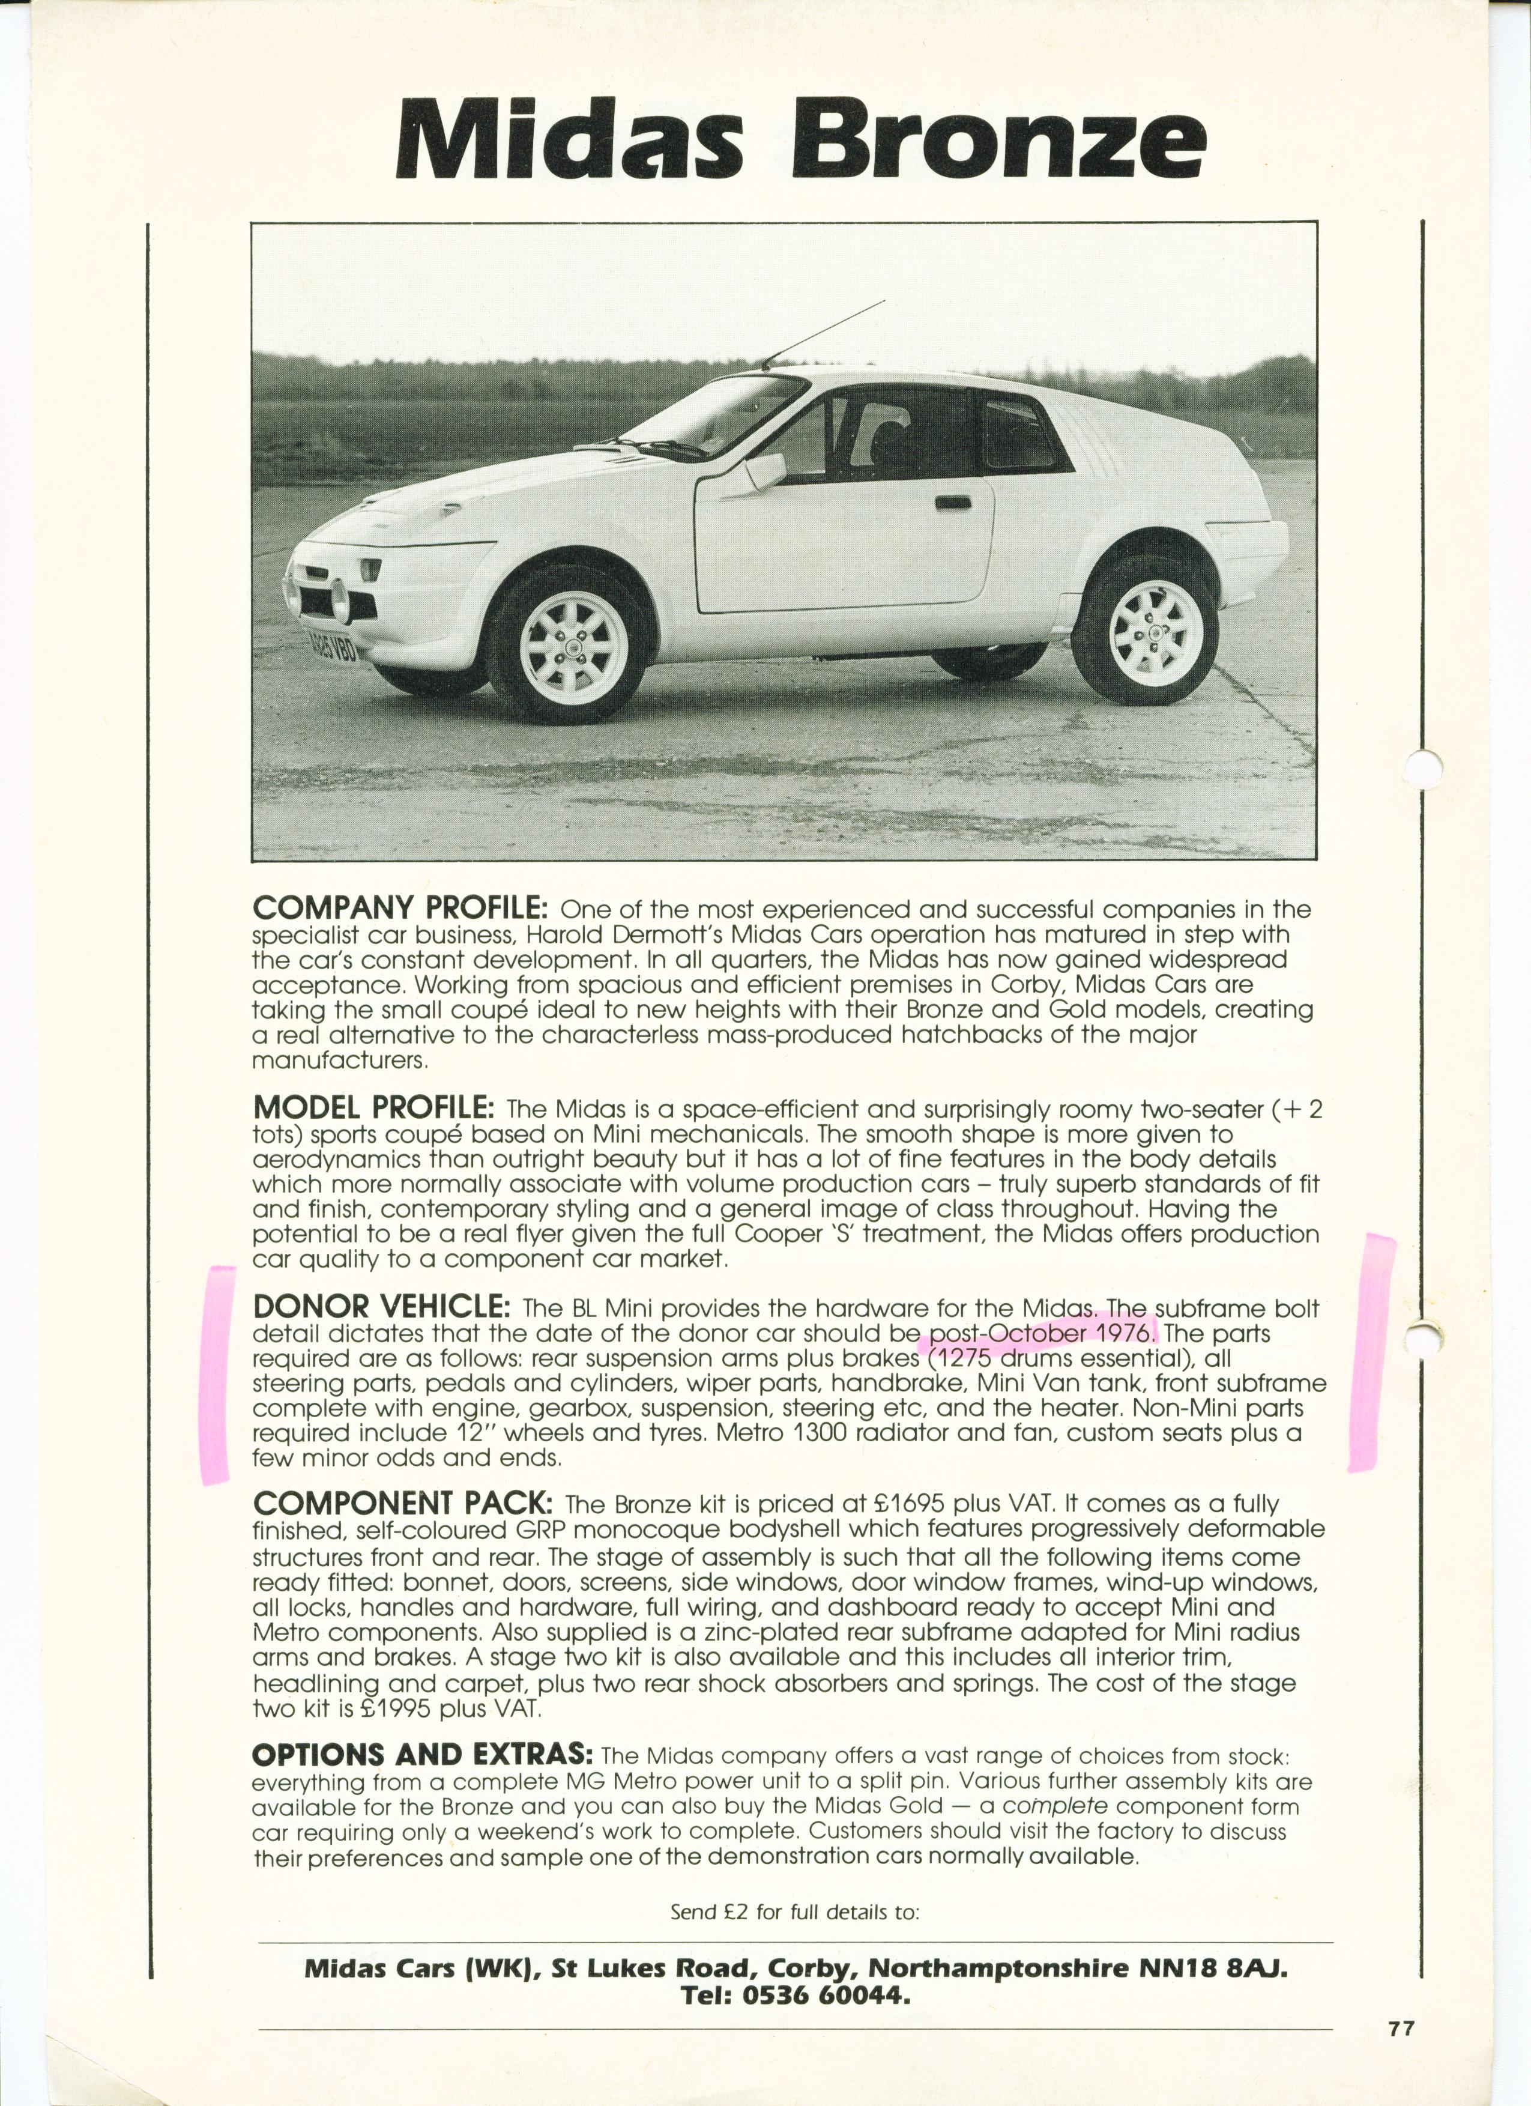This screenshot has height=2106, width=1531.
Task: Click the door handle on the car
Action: [x=953, y=503]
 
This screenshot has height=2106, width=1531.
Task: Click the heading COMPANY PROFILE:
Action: [x=402, y=907]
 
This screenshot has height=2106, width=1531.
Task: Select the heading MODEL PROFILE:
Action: [x=373, y=1108]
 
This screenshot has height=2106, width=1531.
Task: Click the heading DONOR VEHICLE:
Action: [x=381, y=1307]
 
